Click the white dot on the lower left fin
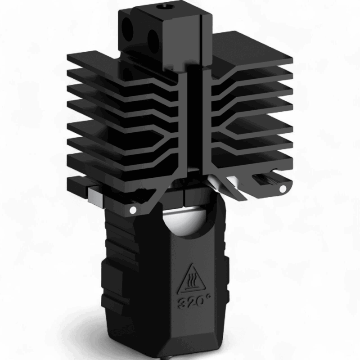(x=133, y=210)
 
